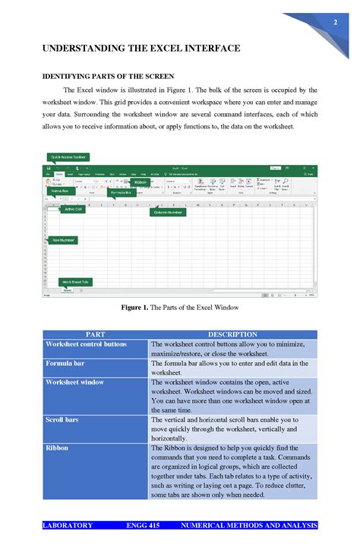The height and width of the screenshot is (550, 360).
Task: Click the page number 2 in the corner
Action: coord(334,23)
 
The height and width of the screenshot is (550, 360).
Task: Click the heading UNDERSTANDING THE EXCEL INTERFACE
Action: coord(141,49)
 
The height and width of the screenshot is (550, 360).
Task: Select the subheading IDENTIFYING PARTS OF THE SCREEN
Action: coord(108,77)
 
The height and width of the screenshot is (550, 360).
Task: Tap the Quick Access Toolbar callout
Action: coord(69,157)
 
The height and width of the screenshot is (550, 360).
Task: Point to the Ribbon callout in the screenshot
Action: coord(141,182)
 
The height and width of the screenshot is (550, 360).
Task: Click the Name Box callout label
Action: coord(60,191)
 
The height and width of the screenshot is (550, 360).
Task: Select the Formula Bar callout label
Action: coord(119,193)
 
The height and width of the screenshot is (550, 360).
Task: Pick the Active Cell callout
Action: coord(74,209)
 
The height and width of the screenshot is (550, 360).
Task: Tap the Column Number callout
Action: coord(168,212)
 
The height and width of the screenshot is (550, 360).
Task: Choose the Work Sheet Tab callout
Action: coord(75,281)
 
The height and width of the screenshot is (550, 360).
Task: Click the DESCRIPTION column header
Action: coord(232,334)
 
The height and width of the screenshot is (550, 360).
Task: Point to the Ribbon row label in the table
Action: coord(56,448)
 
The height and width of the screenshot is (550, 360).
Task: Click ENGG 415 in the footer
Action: coord(142,526)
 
